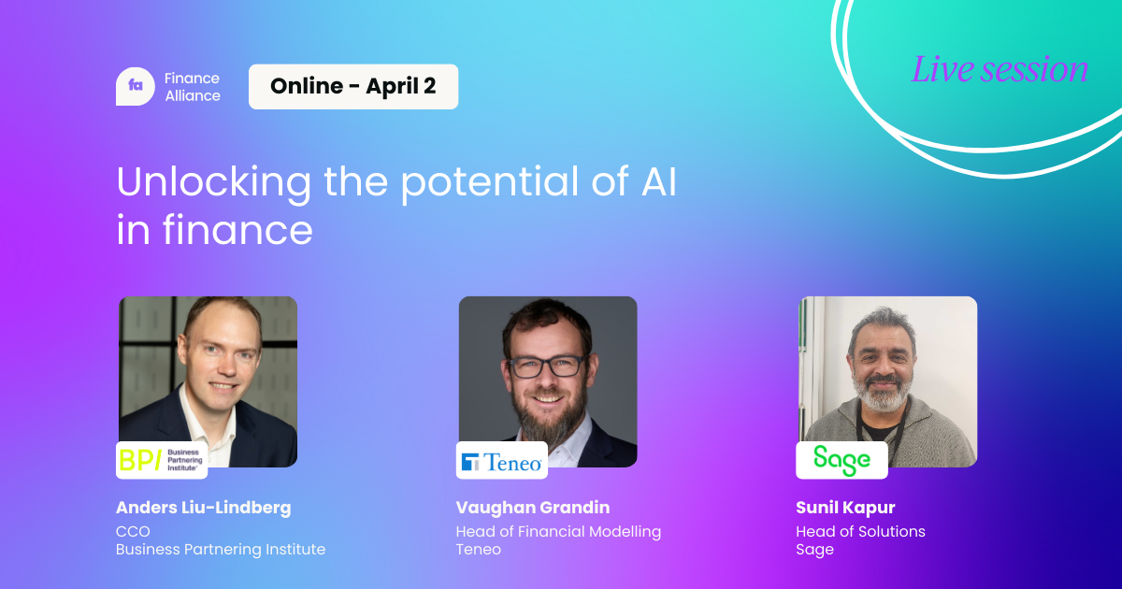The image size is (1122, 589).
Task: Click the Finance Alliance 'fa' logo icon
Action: [x=136, y=86]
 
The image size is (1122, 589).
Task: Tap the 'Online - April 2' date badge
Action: [x=353, y=87]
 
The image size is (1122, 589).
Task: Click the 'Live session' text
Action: [x=1000, y=69]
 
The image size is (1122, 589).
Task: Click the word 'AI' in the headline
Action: [x=658, y=180]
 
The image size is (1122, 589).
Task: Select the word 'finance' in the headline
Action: [x=237, y=230]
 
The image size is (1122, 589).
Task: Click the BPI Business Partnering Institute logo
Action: [x=162, y=460]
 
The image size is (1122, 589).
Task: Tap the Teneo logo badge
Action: [x=501, y=461]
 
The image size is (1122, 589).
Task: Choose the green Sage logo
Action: [x=841, y=461]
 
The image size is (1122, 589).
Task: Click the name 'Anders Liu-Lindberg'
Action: [x=204, y=508]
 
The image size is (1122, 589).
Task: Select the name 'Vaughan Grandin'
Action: [x=533, y=508]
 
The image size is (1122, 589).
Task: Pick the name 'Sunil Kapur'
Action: [x=845, y=508]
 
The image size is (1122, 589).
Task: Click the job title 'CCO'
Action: [x=133, y=531]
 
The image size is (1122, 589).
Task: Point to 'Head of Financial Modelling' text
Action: [x=558, y=531]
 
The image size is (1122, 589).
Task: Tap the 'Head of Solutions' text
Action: [x=860, y=531]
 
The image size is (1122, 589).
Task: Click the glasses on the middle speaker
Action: [x=546, y=366]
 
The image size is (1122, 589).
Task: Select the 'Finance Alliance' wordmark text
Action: [x=193, y=87]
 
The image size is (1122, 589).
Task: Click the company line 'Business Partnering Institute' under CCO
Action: [x=221, y=550]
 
